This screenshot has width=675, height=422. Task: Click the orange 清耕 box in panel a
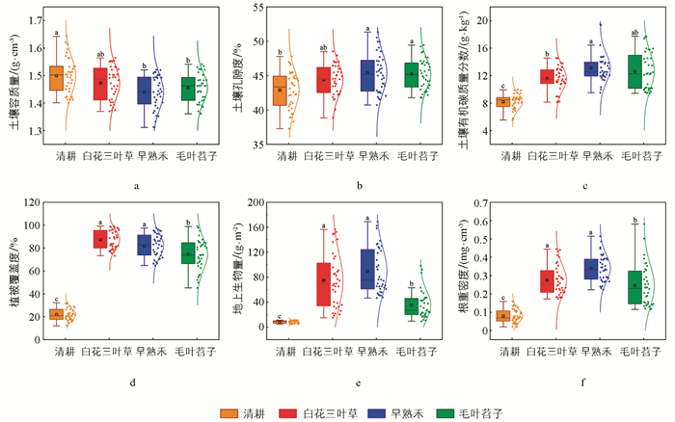[x=56, y=78]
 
